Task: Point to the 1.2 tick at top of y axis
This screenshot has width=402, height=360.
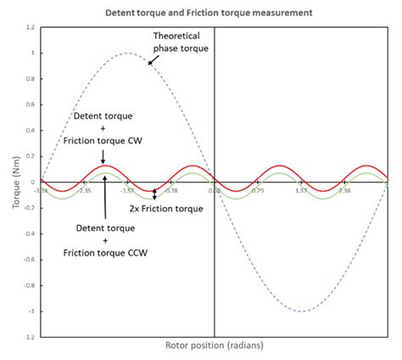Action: point(30,28)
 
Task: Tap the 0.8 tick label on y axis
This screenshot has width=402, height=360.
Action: point(30,79)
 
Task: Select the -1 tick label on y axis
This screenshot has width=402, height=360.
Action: point(31,311)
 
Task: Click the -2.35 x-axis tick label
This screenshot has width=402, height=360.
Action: point(84,190)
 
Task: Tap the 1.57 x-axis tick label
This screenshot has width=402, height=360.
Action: point(301,190)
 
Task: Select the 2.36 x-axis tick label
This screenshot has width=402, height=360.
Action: point(344,190)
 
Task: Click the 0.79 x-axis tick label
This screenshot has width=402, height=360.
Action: point(258,190)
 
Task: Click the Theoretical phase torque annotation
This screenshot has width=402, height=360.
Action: point(181,43)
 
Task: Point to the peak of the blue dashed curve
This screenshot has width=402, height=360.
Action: point(127,53)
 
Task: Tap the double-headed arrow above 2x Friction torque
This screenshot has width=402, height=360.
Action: point(154,195)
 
